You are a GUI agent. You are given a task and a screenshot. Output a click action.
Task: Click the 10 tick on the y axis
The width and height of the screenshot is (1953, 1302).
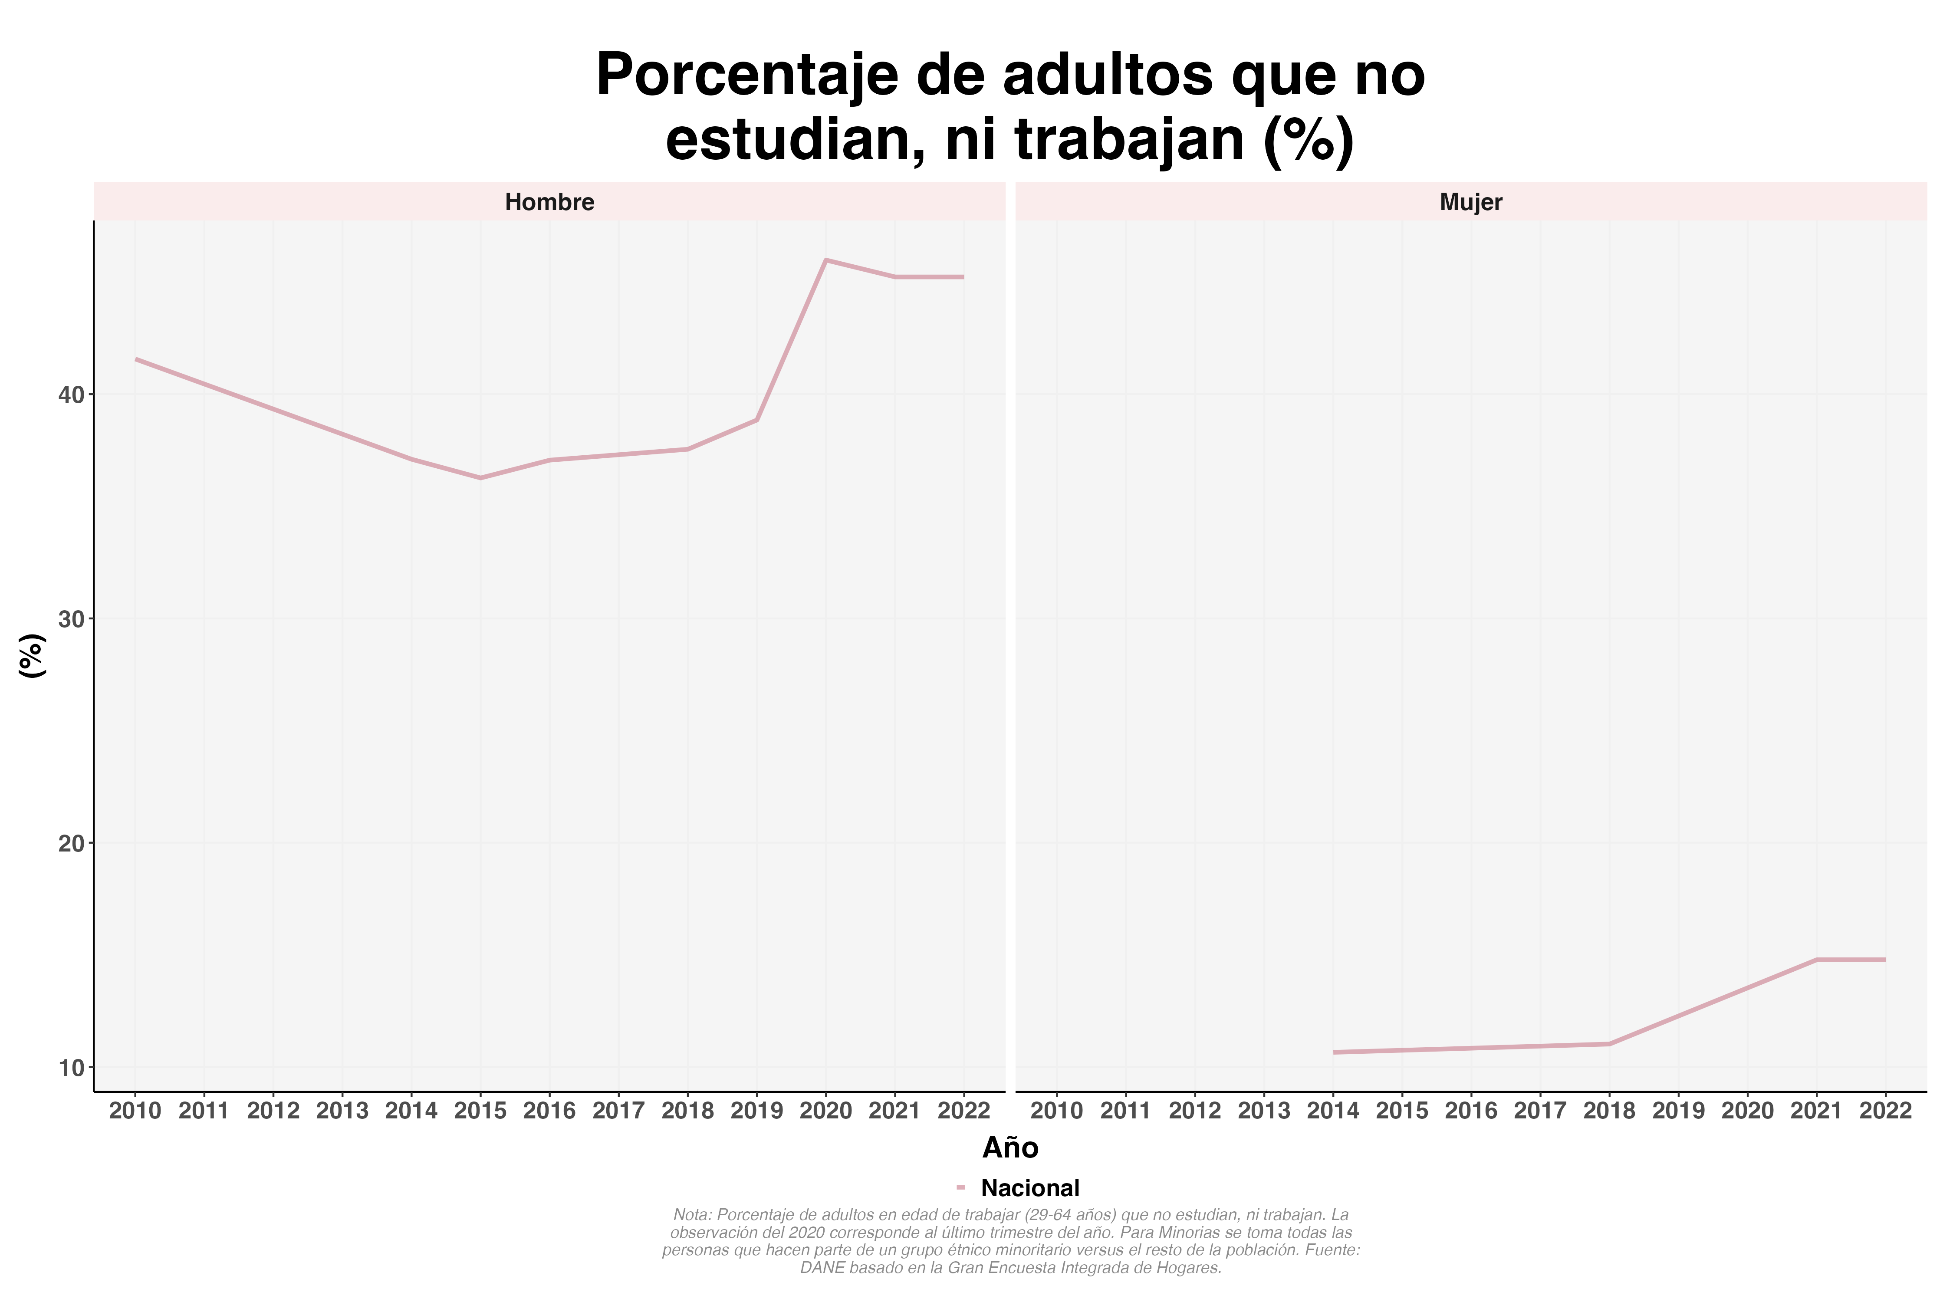[72, 1067]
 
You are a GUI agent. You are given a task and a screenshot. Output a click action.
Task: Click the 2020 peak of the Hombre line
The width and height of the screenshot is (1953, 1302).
[825, 260]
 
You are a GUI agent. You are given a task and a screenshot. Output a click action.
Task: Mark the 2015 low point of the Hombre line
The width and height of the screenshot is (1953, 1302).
[481, 477]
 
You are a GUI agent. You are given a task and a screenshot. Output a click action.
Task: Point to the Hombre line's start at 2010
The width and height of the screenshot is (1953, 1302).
[136, 359]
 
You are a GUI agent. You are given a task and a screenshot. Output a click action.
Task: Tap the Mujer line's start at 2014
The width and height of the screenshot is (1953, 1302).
[1334, 1052]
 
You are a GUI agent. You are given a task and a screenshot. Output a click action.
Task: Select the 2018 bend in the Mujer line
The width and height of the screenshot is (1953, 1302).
[1609, 1044]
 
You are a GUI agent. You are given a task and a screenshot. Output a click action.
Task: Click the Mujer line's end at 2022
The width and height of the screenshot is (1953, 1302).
[1885, 960]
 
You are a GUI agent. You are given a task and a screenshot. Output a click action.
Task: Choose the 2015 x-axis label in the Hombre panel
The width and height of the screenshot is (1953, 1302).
[481, 1111]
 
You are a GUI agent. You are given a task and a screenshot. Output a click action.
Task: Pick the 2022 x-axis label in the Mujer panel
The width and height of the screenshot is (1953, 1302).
[1885, 1111]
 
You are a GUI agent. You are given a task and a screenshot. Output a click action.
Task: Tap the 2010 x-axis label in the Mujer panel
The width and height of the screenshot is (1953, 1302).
[1057, 1111]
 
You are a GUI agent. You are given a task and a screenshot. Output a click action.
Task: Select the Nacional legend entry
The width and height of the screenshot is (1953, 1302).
[1029, 1188]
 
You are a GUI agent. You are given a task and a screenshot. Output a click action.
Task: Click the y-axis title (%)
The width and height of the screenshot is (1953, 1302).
[32, 656]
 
